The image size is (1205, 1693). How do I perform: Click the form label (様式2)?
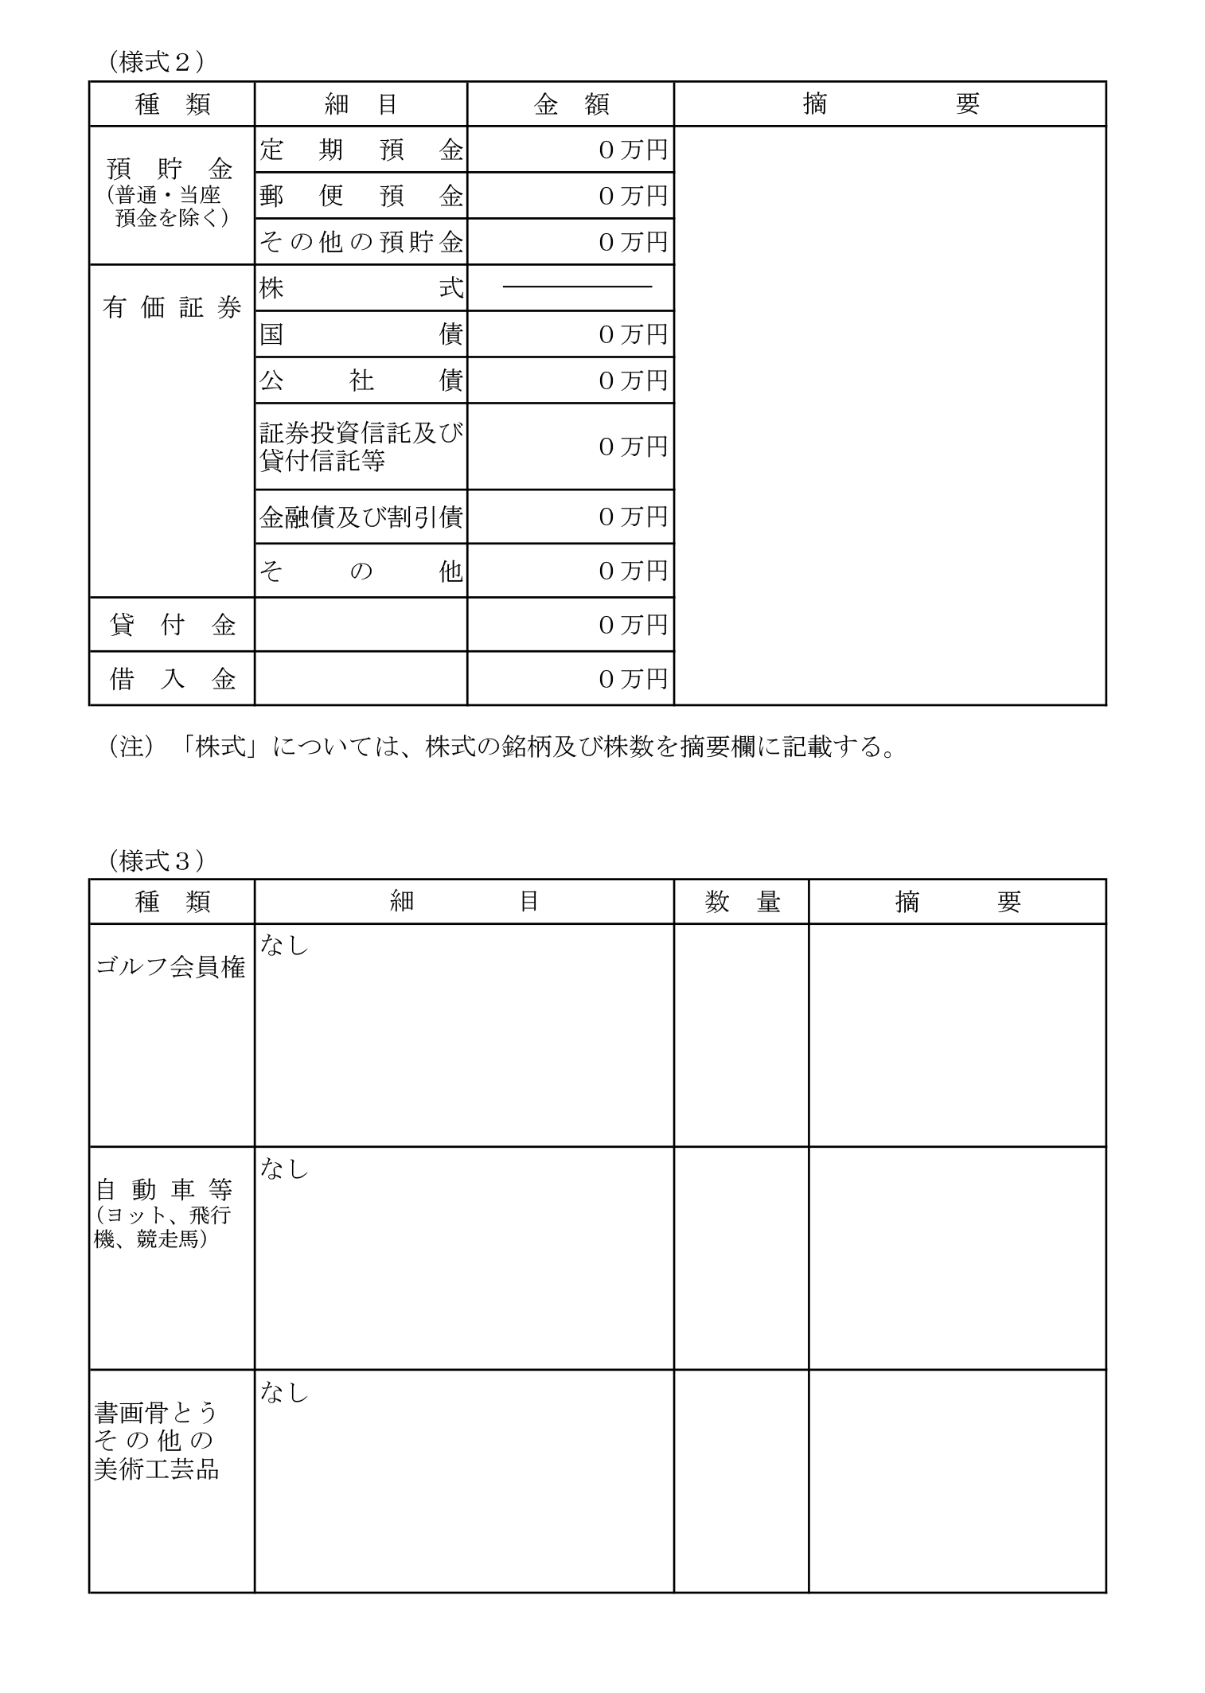point(156,61)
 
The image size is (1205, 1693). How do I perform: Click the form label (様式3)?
point(156,860)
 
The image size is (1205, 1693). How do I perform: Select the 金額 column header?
point(571,104)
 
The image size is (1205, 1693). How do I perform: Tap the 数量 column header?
point(741,902)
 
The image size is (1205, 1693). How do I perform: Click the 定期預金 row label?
point(361,150)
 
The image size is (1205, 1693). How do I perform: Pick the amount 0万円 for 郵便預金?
point(632,196)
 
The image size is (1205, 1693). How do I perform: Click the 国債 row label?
point(361,334)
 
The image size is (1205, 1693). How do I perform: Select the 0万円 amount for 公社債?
point(632,380)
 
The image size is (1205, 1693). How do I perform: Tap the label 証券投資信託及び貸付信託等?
point(361,446)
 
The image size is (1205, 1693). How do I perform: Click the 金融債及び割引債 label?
point(361,517)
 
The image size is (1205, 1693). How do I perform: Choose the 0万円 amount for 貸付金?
point(632,625)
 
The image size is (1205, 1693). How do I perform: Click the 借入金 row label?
point(172,679)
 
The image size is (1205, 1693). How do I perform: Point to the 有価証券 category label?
point(172,308)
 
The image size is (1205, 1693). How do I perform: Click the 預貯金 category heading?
point(170,169)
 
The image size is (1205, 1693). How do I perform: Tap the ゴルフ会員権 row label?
point(170,967)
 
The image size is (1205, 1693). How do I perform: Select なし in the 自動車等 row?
point(283,1168)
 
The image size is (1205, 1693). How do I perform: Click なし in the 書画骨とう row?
point(283,1392)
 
